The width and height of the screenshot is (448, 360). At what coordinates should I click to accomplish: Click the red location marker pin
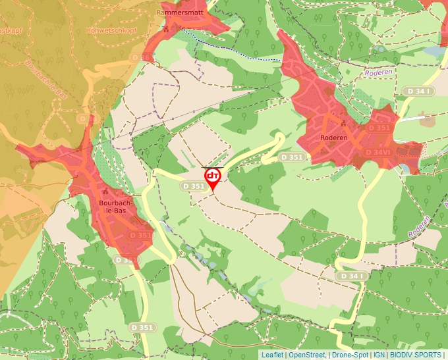click(x=213, y=178)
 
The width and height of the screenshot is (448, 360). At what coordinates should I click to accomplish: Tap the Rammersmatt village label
click(x=178, y=13)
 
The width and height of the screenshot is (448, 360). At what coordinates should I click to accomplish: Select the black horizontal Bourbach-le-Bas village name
click(x=116, y=207)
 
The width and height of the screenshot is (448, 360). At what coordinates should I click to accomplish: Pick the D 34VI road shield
click(x=378, y=152)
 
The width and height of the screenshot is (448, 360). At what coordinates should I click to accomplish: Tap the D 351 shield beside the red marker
click(x=194, y=187)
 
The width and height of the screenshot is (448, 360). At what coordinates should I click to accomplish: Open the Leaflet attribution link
click(x=272, y=355)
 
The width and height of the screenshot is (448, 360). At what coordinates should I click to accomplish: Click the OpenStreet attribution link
click(x=306, y=355)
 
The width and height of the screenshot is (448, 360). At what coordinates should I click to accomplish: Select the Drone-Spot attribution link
click(x=349, y=355)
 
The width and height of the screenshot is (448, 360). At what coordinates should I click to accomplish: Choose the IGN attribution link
click(x=379, y=355)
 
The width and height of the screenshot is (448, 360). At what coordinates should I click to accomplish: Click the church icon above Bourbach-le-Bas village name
click(x=106, y=192)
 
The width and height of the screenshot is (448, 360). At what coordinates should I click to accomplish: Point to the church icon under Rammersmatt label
click(x=166, y=30)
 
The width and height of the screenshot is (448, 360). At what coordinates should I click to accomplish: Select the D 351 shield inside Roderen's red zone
click(x=379, y=128)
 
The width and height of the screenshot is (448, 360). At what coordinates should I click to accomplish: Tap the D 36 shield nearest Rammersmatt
click(x=138, y=58)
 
